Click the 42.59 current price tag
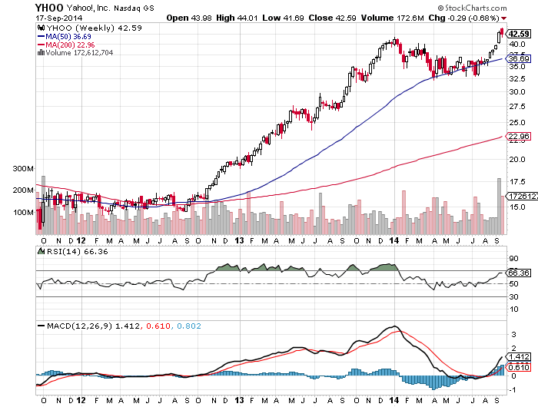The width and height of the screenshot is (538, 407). (519, 33)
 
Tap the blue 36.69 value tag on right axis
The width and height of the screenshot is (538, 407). (519, 58)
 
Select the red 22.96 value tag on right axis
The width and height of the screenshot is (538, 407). (519, 137)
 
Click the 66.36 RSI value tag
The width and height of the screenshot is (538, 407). (519, 272)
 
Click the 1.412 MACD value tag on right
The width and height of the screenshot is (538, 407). (519, 357)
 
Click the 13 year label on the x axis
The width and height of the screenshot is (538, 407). (239, 400)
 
